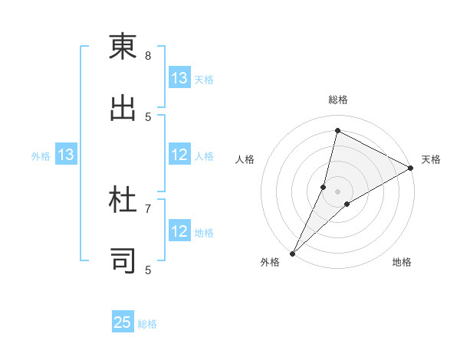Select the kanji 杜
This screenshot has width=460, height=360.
pos(123,201)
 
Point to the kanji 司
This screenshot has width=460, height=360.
pos(123,260)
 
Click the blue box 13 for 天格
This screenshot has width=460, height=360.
pos(179,78)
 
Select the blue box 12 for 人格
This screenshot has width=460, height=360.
pos(179,155)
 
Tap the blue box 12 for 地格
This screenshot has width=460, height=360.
pos(179,231)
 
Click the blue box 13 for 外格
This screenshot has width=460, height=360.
pos(65,155)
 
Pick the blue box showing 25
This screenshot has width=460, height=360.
pos(123,322)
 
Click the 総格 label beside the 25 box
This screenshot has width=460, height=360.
pos(147,323)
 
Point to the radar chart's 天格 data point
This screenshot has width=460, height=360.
pos(411,169)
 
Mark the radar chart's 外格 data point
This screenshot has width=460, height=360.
pos(292,253)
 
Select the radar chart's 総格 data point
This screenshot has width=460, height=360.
pos(337,130)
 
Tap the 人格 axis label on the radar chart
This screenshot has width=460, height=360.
pos(245,159)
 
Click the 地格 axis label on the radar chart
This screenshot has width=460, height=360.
pos(402,262)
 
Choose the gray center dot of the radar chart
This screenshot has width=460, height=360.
pos(337,191)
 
